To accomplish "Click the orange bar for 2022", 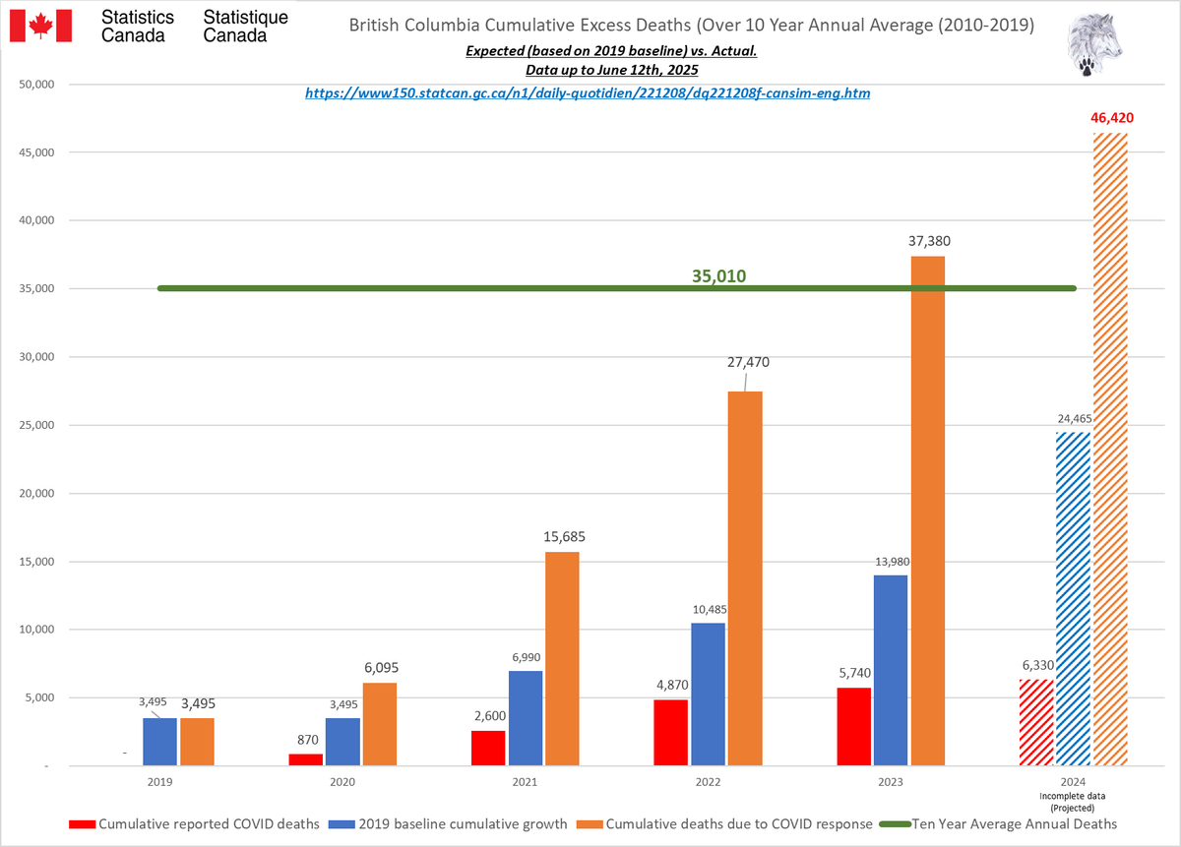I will pyautogui.click(x=745, y=578).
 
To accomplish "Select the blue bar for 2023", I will pyautogui.click(x=891, y=670).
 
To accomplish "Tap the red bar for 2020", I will pyautogui.click(x=306, y=759).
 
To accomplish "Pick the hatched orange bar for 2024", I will pyautogui.click(x=1109, y=449).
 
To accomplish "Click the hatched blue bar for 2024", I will pyautogui.click(x=1073, y=599).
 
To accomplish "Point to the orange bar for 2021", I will pyautogui.click(x=562, y=658).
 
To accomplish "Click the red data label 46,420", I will pyautogui.click(x=1112, y=118).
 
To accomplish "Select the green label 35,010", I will pyautogui.click(x=718, y=276).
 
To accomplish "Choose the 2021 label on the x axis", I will pyautogui.click(x=525, y=781).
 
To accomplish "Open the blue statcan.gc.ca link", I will pyautogui.click(x=588, y=93).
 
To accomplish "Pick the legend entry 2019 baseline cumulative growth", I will pyautogui.click(x=450, y=823).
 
